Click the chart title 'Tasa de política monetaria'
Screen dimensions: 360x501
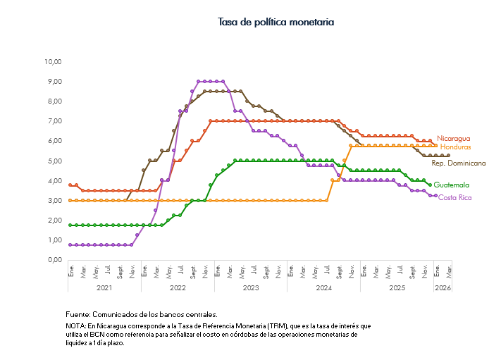276,23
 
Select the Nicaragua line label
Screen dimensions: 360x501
453,138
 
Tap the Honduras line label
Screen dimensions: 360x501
456,147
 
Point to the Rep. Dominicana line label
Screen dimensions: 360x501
458,163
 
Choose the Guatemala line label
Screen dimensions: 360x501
452,185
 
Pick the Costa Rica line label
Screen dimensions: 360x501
455,197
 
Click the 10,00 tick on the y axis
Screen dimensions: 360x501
54,62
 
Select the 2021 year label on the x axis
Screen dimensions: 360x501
104,287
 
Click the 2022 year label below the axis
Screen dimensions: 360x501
178,287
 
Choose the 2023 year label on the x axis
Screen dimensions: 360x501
251,287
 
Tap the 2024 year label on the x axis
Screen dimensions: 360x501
324,287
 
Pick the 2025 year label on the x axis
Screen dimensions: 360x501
397,287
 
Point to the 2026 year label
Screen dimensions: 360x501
443,287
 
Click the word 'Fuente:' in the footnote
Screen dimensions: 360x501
78,314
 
